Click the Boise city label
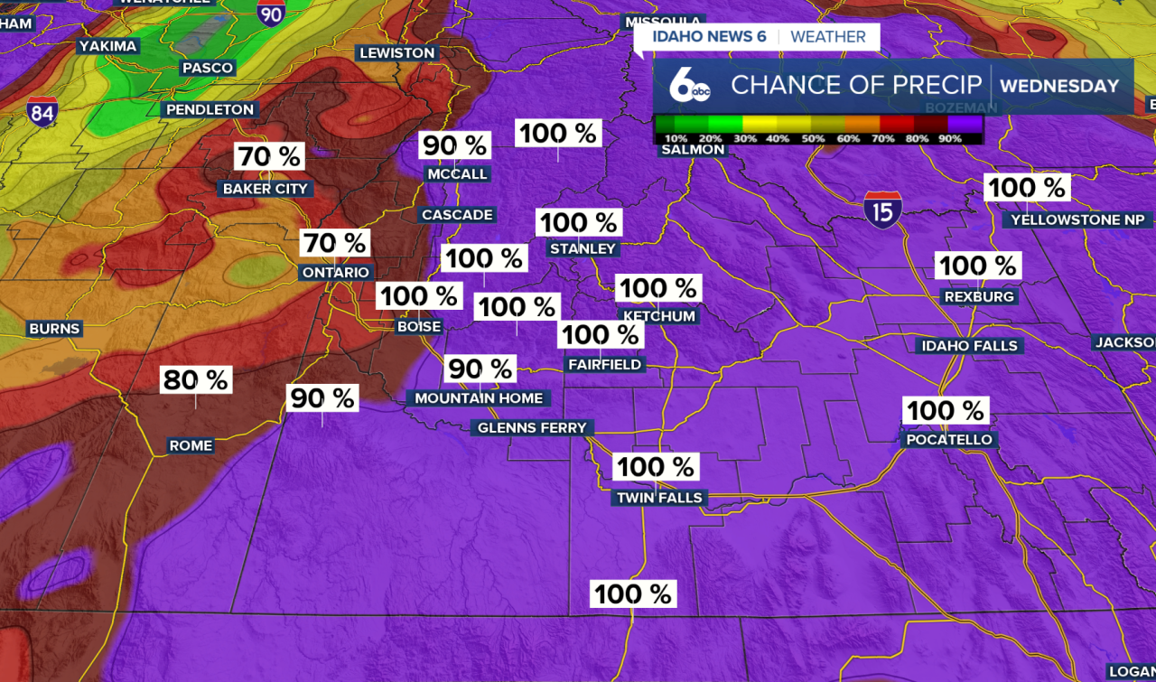pos(419,327)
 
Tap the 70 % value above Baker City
pos(269,156)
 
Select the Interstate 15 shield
pos(882,209)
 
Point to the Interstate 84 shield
pos(42,112)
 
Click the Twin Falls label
pos(659,498)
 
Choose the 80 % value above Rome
pos(195,380)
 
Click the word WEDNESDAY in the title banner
pos(1059,87)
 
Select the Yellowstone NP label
pos(1077,220)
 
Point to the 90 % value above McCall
pos(454,145)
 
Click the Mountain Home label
pos(479,397)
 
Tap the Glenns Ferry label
pos(532,427)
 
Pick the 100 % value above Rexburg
pos(977,266)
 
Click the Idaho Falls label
pos(969,346)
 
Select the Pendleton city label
pos(210,109)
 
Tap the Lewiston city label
pos(397,53)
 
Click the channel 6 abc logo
pos(690,87)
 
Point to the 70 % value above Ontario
pos(334,243)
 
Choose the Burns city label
pos(55,329)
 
